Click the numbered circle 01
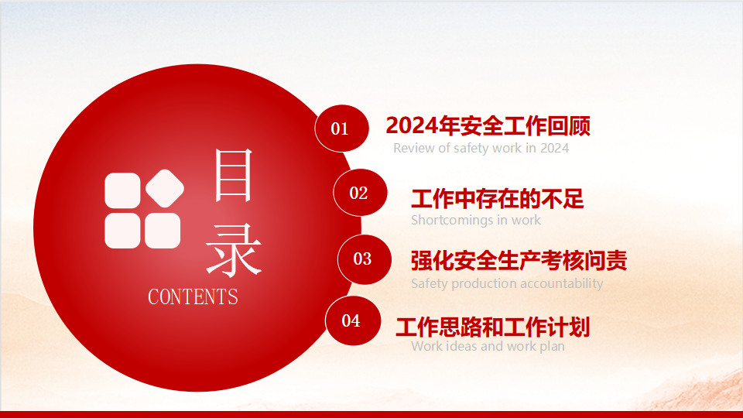click(341, 128)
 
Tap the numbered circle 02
click(360, 193)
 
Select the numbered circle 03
click(365, 259)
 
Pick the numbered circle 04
click(353, 320)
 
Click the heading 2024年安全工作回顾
click(488, 126)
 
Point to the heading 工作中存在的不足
click(497, 199)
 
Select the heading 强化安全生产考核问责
click(519, 261)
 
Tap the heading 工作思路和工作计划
click(492, 327)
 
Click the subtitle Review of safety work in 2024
click(481, 149)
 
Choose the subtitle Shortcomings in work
click(476, 220)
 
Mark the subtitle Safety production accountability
click(507, 283)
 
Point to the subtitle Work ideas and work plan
click(488, 346)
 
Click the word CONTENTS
click(193, 297)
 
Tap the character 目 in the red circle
click(233, 175)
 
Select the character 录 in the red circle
click(233, 250)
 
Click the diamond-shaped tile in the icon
click(165, 188)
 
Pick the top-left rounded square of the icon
click(122, 190)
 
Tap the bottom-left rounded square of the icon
click(122, 231)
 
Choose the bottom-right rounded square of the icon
click(163, 231)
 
